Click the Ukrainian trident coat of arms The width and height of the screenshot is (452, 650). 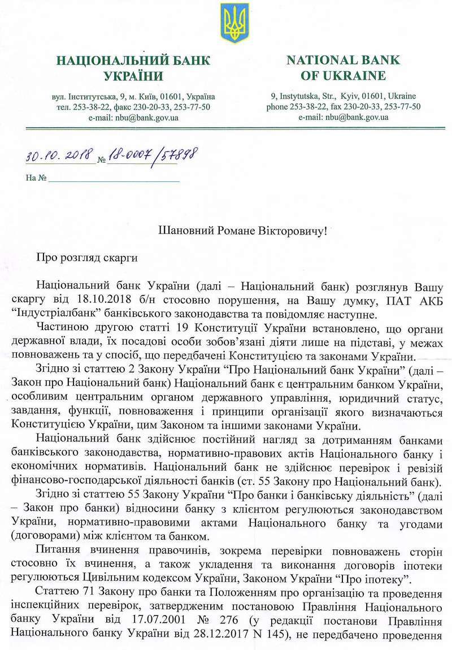(x=234, y=24)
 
